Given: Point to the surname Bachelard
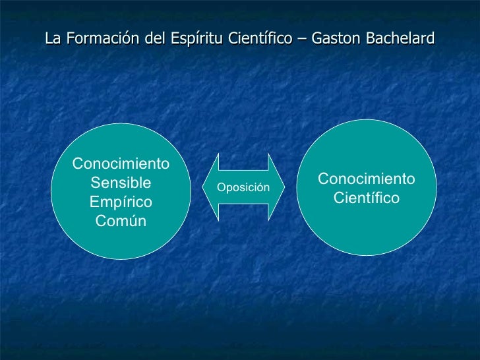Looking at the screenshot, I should pyautogui.click(x=398, y=39).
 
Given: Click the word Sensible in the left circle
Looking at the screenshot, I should pyautogui.click(x=121, y=183).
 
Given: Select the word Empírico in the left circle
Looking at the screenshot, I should pyautogui.click(x=121, y=202).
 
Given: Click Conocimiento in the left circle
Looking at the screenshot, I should pyautogui.click(x=121, y=164).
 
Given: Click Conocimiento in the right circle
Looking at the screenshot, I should pyautogui.click(x=367, y=179).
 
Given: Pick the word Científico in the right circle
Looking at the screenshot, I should pyautogui.click(x=367, y=198).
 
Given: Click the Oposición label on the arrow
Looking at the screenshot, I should pyautogui.click(x=243, y=188).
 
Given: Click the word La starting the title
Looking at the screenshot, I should pyautogui.click(x=52, y=39).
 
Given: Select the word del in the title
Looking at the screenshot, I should pyautogui.click(x=155, y=39).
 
